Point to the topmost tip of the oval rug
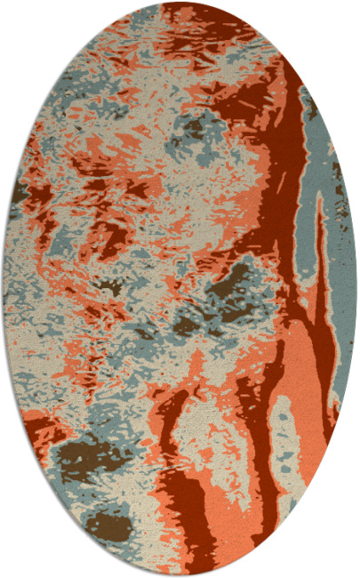tap(180, 4)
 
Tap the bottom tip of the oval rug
tap(180, 574)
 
